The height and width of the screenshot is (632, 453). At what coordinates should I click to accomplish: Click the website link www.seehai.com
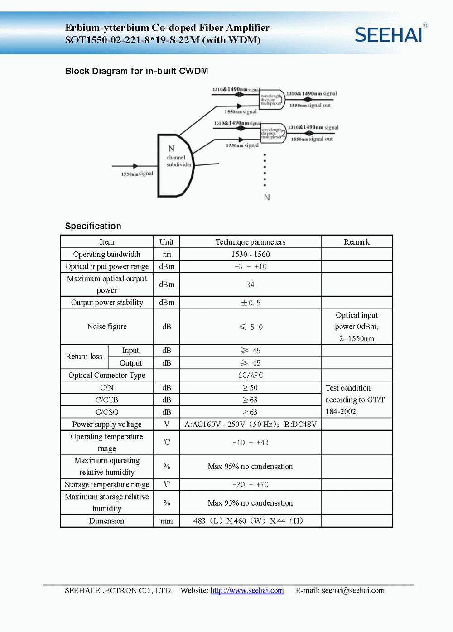coord(247,590)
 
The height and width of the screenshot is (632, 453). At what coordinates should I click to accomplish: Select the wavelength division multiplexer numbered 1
coord(271,99)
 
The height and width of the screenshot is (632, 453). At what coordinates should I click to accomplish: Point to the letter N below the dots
coord(267,198)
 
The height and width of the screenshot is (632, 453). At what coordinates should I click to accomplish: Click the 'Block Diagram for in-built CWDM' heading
coord(136,71)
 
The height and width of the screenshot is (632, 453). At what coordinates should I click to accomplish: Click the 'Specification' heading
coord(93,226)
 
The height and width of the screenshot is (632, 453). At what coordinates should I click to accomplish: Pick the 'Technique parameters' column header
coord(251,242)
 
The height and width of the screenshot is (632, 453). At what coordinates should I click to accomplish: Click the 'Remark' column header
coord(357,242)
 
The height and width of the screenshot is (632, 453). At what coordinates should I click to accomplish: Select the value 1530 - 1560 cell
coord(251,254)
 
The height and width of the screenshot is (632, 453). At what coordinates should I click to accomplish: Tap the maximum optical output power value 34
coord(251,285)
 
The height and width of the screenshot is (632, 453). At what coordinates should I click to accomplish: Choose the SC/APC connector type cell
coord(251,375)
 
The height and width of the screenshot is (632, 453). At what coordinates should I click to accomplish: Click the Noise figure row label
coord(107,327)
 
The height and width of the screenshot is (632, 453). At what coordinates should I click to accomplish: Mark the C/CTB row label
coord(107,400)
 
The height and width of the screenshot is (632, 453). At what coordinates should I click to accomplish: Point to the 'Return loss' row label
coord(84,357)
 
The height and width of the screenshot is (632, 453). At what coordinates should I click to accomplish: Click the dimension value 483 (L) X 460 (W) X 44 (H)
coord(248,521)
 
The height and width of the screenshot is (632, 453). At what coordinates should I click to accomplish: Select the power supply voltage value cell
coord(251,425)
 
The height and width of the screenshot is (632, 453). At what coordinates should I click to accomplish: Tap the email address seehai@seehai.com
coord(353,590)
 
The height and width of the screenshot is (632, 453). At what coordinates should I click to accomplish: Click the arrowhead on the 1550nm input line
coord(135,166)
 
